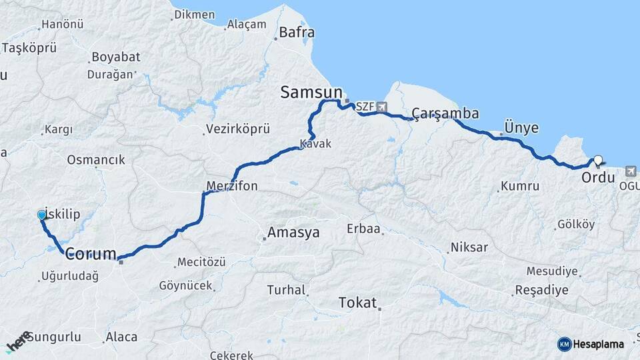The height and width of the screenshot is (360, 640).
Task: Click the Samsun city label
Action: click(x=311, y=93)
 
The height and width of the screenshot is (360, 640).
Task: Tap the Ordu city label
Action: click(x=598, y=177)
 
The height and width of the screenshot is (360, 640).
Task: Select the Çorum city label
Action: click(x=91, y=253)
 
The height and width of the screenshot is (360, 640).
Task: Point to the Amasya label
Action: click(x=293, y=233)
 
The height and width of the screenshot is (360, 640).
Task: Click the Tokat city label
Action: click(x=357, y=302)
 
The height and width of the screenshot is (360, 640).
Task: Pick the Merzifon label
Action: click(x=232, y=186)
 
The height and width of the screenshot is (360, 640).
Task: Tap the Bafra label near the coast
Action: click(x=297, y=32)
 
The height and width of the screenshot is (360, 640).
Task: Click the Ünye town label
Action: click(x=521, y=127)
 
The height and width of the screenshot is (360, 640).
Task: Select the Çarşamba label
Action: click(x=445, y=113)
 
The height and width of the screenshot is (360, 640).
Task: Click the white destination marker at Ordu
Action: click(x=598, y=160)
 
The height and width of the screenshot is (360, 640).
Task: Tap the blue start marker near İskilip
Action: click(x=42, y=215)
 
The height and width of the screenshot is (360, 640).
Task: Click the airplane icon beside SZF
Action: click(x=381, y=107)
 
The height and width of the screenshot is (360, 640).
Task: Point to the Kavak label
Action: click(x=315, y=144)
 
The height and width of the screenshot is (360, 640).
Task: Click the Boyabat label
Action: click(x=116, y=57)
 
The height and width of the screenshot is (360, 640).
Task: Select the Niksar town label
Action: click(x=469, y=247)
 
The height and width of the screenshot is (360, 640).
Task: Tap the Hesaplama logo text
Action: click(x=597, y=344)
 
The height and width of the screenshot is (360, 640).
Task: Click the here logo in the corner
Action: click(x=18, y=341)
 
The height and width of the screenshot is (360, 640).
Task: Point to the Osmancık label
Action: click(x=96, y=160)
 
